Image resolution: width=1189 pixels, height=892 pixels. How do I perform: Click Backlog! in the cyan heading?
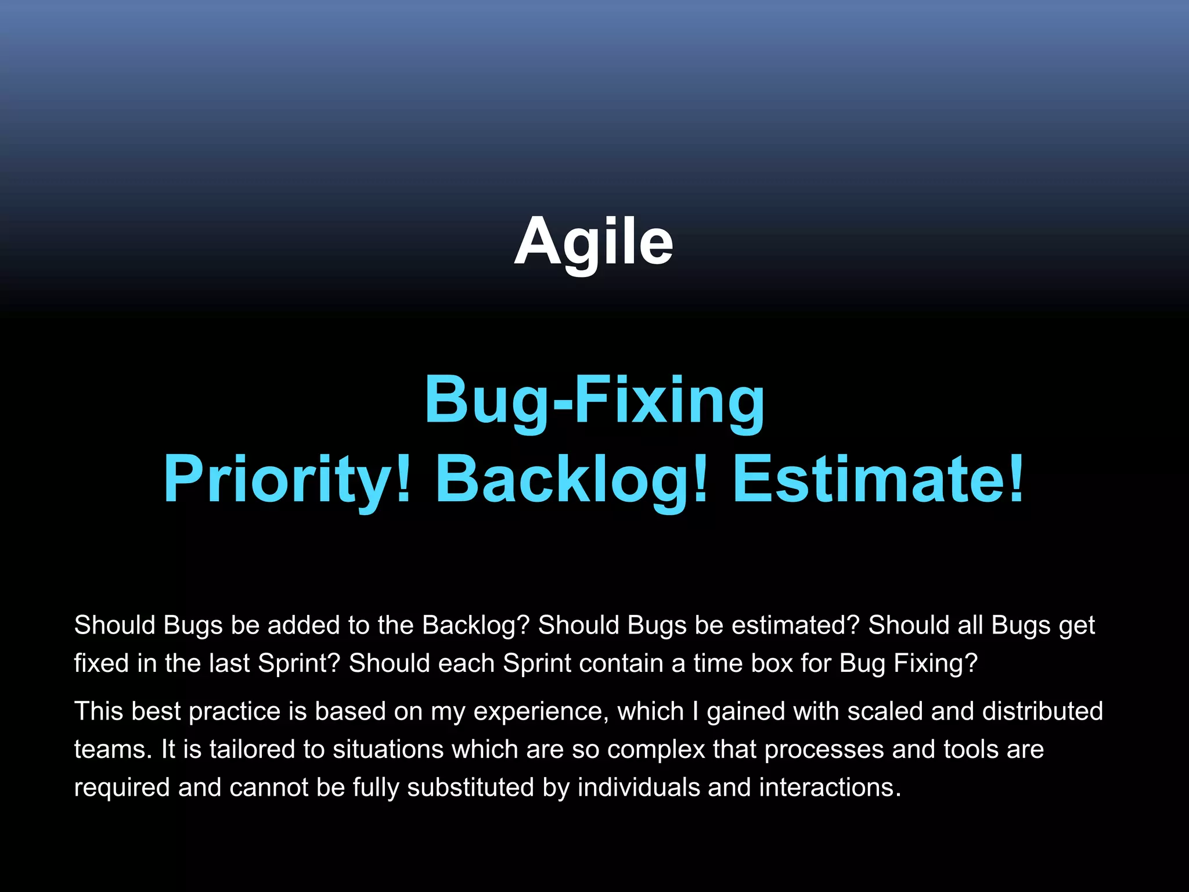coord(572,480)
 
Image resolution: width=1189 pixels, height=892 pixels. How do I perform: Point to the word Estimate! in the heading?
coord(878,480)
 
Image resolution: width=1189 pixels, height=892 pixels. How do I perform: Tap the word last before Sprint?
coord(235,663)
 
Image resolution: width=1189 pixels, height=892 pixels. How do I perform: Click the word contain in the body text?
coord(621,663)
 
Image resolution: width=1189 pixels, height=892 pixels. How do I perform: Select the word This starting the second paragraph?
coord(99,711)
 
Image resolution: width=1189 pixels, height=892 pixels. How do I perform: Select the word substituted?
coord(470,787)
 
